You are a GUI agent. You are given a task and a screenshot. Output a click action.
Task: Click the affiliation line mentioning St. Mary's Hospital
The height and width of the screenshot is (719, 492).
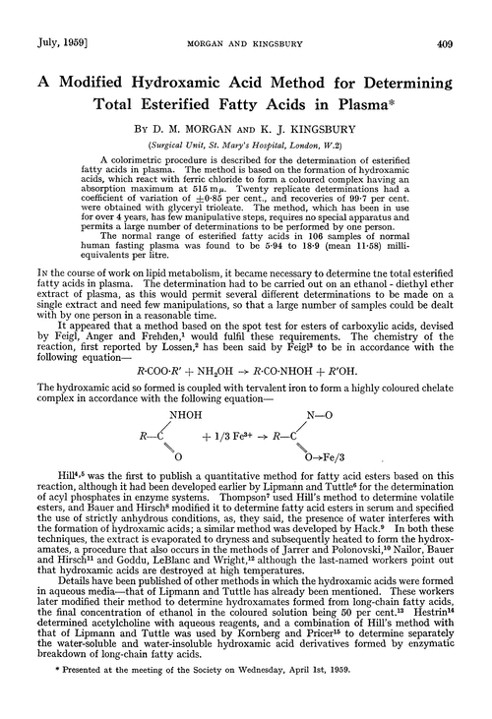[x=245, y=118]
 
